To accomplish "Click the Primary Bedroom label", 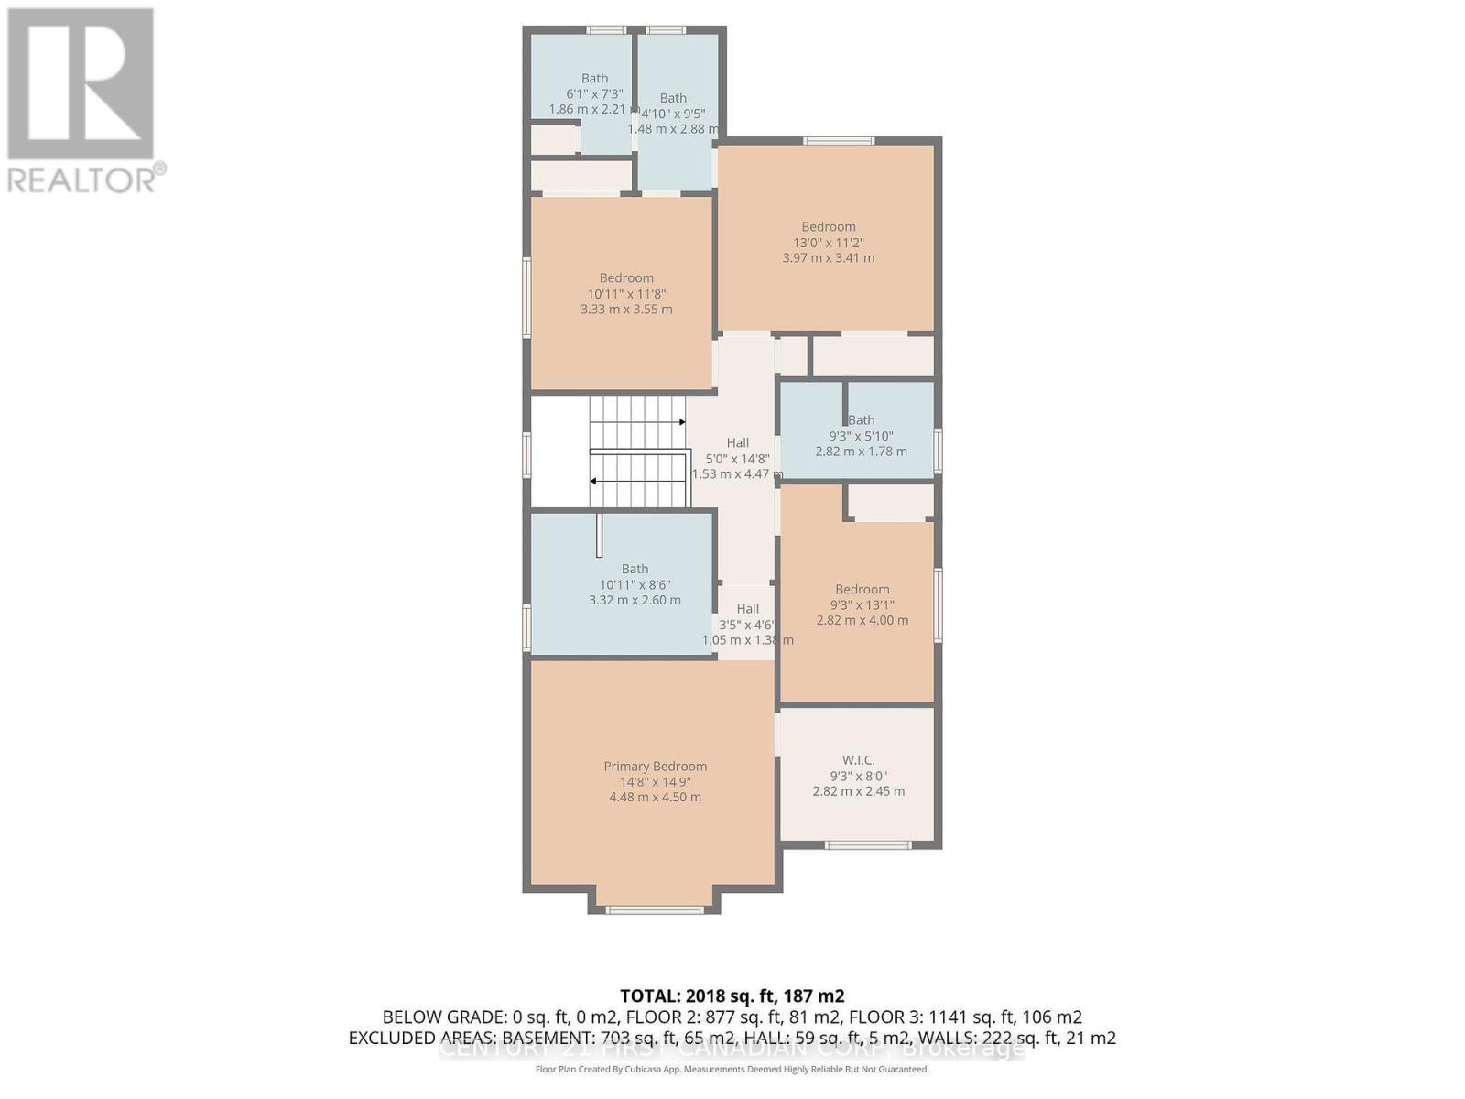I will coord(655,767).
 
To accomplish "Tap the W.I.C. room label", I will coord(858,760).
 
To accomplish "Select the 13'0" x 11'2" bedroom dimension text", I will coord(828,243).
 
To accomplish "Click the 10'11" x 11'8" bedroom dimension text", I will coord(626,294).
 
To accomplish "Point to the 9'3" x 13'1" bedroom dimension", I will coord(862,605).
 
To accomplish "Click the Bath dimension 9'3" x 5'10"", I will coord(861,436).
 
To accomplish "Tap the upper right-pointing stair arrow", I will coord(681,422).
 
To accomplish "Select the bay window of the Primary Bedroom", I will coord(654,909).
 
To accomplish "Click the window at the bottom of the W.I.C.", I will coord(867,844).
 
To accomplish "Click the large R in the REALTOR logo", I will coord(81,84).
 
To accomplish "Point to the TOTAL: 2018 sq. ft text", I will coord(732,996).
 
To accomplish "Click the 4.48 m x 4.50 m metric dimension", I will coord(655,798).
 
